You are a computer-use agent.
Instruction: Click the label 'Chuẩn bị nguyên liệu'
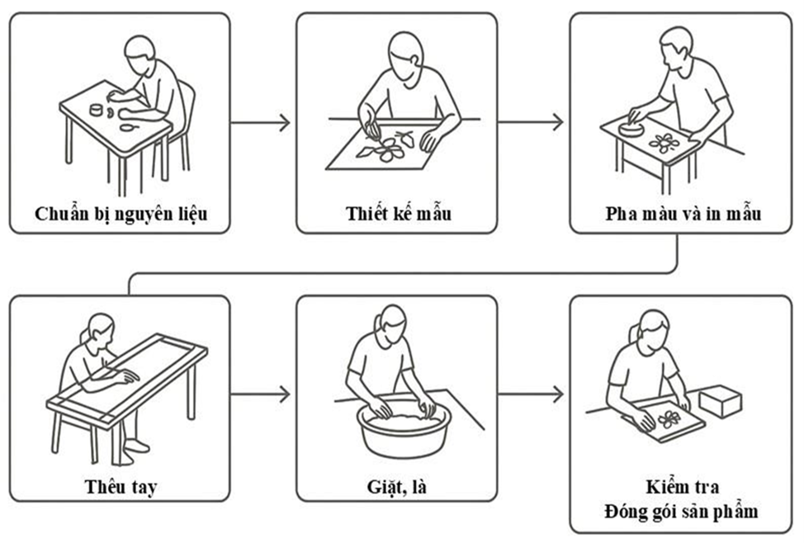tap(121, 215)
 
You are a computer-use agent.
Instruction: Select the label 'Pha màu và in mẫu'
tap(682, 215)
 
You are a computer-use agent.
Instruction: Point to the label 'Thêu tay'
tap(121, 485)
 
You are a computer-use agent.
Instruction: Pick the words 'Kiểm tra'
tap(682, 487)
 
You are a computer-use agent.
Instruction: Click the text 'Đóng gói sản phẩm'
tap(682, 512)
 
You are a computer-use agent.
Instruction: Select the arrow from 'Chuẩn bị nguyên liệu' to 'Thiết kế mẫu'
tap(261, 124)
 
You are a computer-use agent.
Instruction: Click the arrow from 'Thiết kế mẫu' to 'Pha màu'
tap(532, 124)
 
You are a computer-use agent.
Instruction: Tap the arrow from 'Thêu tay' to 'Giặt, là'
tap(261, 394)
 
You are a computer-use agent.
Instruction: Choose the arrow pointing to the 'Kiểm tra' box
tap(532, 394)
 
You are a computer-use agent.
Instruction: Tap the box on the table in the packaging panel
tap(720, 402)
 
